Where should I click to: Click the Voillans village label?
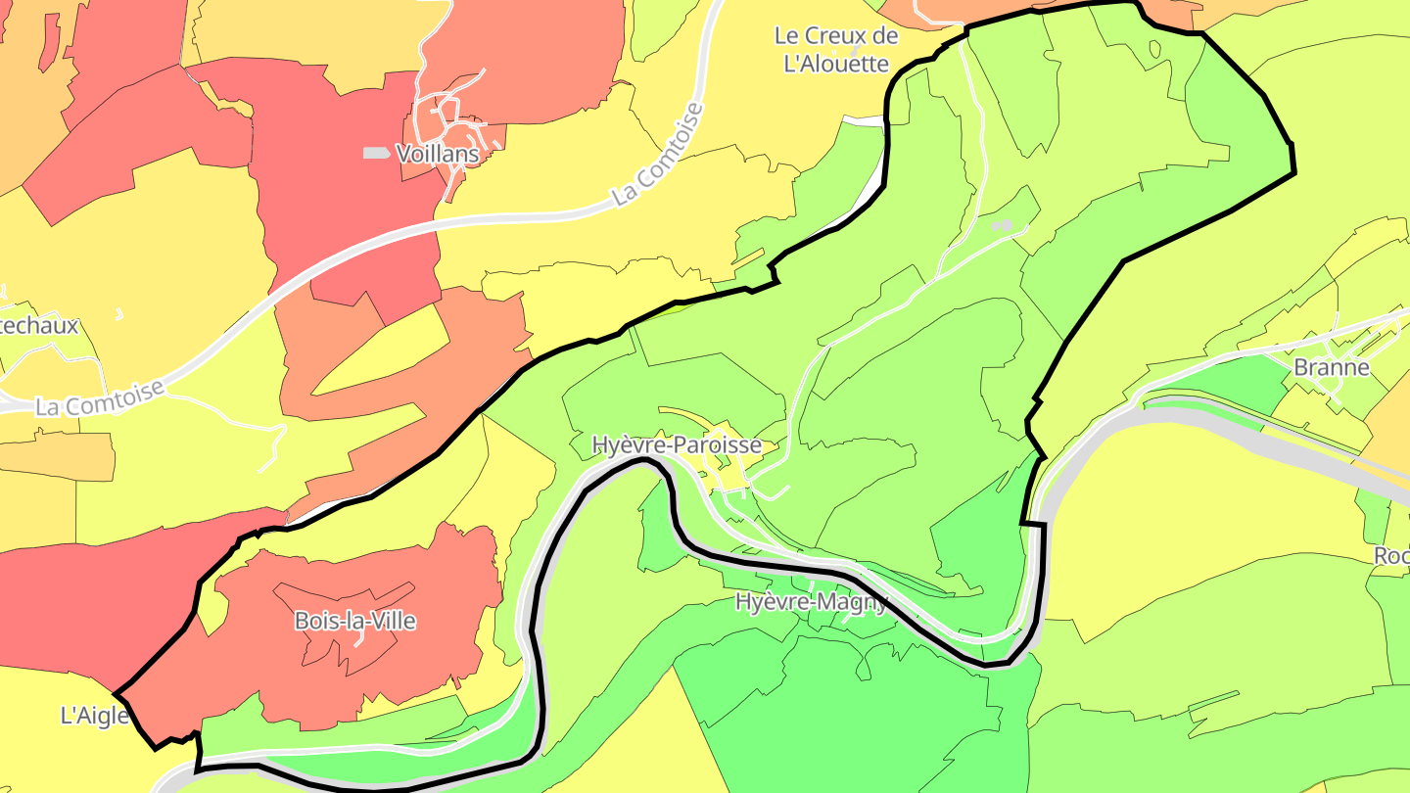tap(437, 154)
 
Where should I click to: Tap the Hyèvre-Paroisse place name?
tap(677, 445)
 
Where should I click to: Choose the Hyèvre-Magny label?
tap(811, 601)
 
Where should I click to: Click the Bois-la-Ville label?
tap(354, 621)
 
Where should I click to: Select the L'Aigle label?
tap(95, 716)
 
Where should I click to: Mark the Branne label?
tap(1331, 368)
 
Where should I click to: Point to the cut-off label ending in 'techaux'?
tap(39, 326)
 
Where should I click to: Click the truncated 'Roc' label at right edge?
tap(1391, 555)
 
